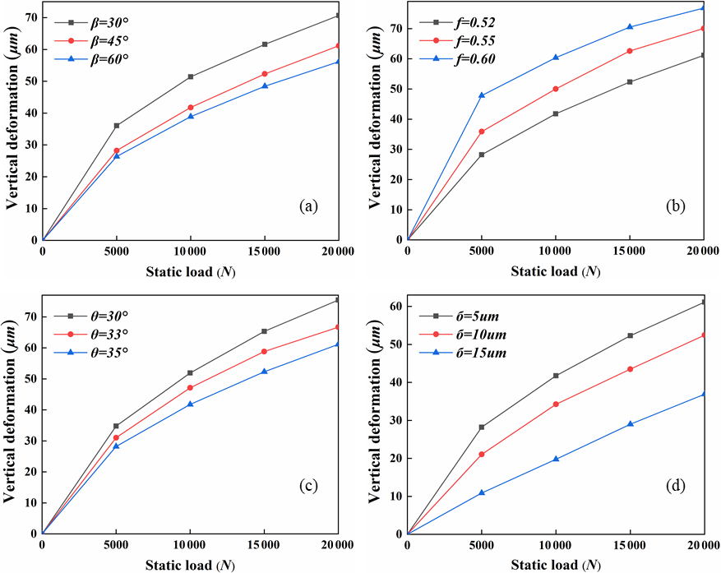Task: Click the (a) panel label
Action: point(308,206)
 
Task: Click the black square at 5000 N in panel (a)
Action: point(117,126)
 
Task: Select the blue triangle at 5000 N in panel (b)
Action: point(482,95)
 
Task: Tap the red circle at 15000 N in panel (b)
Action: point(630,51)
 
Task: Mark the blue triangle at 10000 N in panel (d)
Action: point(556,459)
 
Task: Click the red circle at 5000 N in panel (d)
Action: point(482,454)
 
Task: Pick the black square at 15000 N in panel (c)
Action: point(265,331)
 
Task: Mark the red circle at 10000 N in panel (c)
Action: point(191,388)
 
